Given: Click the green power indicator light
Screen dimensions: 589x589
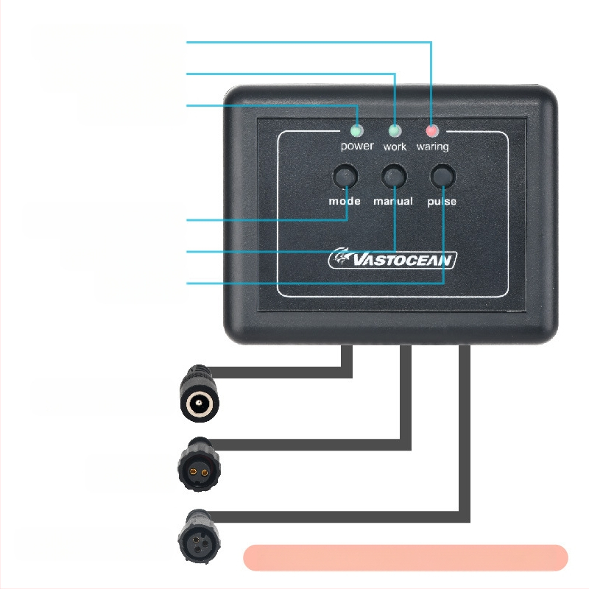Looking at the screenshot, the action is coord(356,131).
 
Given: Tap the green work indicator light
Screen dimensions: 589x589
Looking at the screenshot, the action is coord(395,131).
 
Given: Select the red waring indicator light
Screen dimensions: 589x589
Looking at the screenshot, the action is coord(431,131).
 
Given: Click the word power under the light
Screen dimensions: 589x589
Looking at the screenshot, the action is coord(357,146).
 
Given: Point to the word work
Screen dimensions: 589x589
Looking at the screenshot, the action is coord(395,147).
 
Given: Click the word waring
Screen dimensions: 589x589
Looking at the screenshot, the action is coord(432,147).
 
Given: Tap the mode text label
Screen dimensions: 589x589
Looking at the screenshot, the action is coord(345,201).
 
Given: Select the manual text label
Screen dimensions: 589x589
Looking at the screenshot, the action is coord(393,201).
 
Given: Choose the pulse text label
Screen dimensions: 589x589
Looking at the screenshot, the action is coord(442,202).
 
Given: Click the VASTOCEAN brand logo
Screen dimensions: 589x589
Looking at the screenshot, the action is coord(393,259).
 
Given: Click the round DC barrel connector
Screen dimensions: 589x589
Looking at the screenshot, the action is coord(199,393).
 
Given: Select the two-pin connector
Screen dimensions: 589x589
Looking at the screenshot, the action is coord(199,465).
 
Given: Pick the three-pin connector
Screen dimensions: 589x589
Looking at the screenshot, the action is coord(198,537).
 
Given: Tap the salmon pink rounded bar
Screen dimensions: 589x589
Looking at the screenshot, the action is coord(406,558).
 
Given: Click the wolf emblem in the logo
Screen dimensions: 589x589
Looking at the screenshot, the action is coord(341,257).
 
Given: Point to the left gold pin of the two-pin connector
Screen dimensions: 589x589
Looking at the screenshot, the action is coord(194,472).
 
